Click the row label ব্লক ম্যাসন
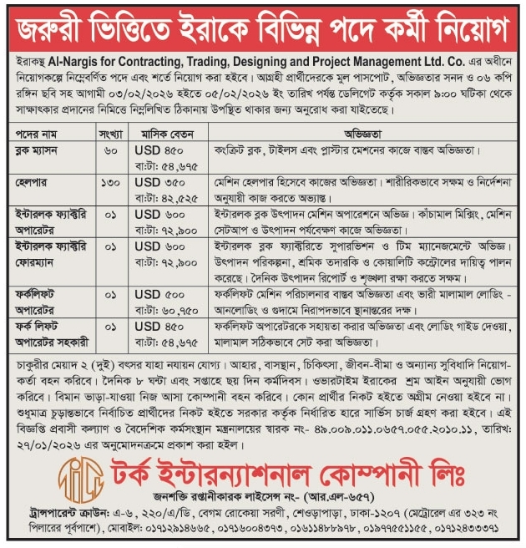coord(41,150)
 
